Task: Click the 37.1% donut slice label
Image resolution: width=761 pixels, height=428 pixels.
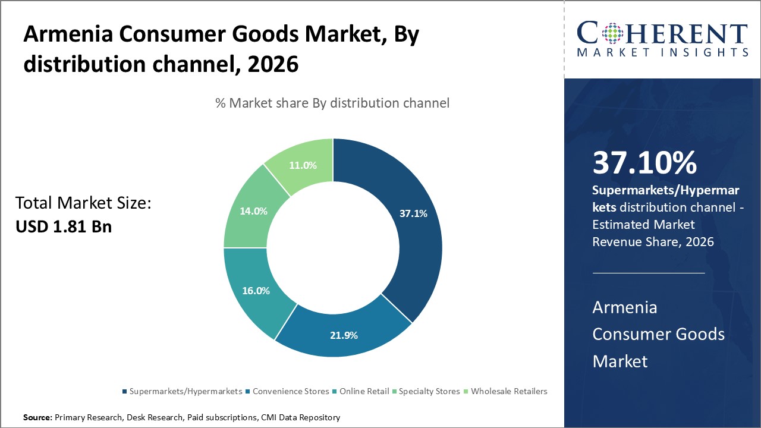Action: (413, 213)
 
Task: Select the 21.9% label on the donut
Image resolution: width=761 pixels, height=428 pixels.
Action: (344, 335)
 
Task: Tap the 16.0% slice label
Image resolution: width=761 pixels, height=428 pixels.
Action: (256, 291)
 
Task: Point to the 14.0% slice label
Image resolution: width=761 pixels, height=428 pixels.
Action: (254, 210)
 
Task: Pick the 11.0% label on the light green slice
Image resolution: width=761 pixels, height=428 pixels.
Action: (303, 165)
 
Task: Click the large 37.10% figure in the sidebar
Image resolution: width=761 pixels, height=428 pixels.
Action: (644, 163)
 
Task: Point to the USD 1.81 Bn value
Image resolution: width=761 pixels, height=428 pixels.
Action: (64, 226)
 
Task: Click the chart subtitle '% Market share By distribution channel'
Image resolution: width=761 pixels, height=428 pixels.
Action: (332, 103)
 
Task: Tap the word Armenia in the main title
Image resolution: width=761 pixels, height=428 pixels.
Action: (67, 35)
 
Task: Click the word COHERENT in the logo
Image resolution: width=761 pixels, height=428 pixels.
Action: (663, 34)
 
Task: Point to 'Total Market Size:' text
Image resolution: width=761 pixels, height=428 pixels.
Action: (83, 203)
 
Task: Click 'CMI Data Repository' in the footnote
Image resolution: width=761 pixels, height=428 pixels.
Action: (300, 418)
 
